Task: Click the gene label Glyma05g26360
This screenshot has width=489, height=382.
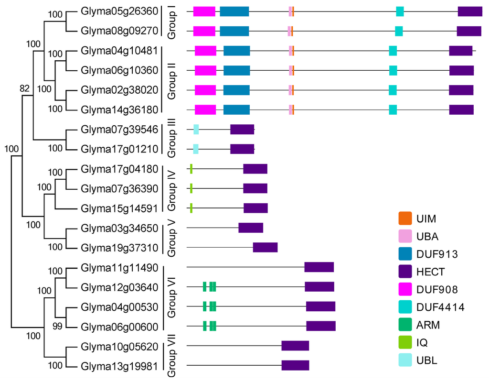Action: (119, 11)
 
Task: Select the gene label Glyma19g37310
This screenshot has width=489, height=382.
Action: (119, 247)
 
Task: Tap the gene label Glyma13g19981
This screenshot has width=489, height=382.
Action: (119, 366)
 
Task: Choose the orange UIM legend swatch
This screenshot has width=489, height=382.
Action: (405, 218)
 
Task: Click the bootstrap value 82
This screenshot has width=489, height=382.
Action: (25, 88)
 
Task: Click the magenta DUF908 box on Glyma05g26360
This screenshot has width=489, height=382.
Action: (204, 11)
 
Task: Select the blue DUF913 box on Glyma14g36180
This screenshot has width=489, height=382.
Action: (236, 110)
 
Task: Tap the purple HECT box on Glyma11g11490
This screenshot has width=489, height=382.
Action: (319, 267)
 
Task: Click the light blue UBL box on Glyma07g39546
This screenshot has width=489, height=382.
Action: (196, 129)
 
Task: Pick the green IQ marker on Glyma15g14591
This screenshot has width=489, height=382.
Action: (191, 208)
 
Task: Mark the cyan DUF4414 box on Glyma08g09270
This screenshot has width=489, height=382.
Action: (399, 31)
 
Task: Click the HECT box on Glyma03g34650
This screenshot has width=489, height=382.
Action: (251, 228)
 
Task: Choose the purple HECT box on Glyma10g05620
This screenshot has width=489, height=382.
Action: (295, 346)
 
